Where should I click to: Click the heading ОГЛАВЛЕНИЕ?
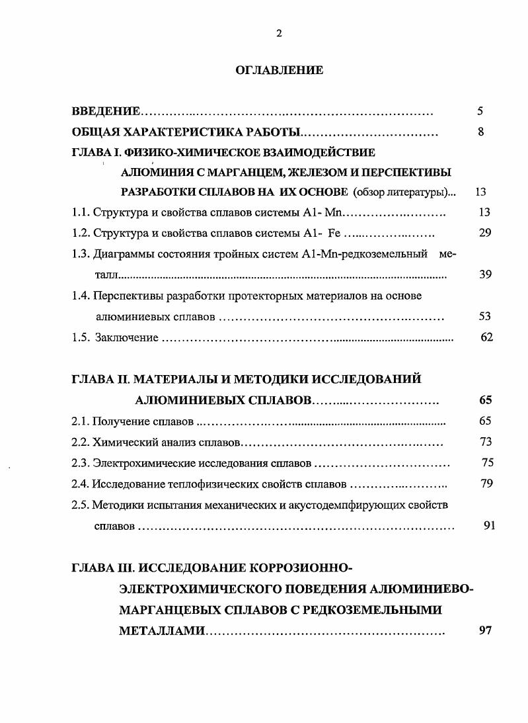(279, 70)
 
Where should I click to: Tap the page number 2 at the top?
(279, 34)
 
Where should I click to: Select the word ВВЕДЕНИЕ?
(105, 111)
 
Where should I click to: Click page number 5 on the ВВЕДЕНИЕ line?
(480, 111)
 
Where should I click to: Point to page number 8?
(481, 132)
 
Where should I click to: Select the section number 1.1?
(81, 213)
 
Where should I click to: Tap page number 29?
(484, 234)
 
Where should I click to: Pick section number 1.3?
(81, 254)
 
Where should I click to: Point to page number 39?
(485, 275)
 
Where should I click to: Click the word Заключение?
(127, 338)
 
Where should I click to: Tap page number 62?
(487, 337)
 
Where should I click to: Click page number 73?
(485, 442)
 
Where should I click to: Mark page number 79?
(487, 484)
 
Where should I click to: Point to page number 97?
(485, 630)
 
